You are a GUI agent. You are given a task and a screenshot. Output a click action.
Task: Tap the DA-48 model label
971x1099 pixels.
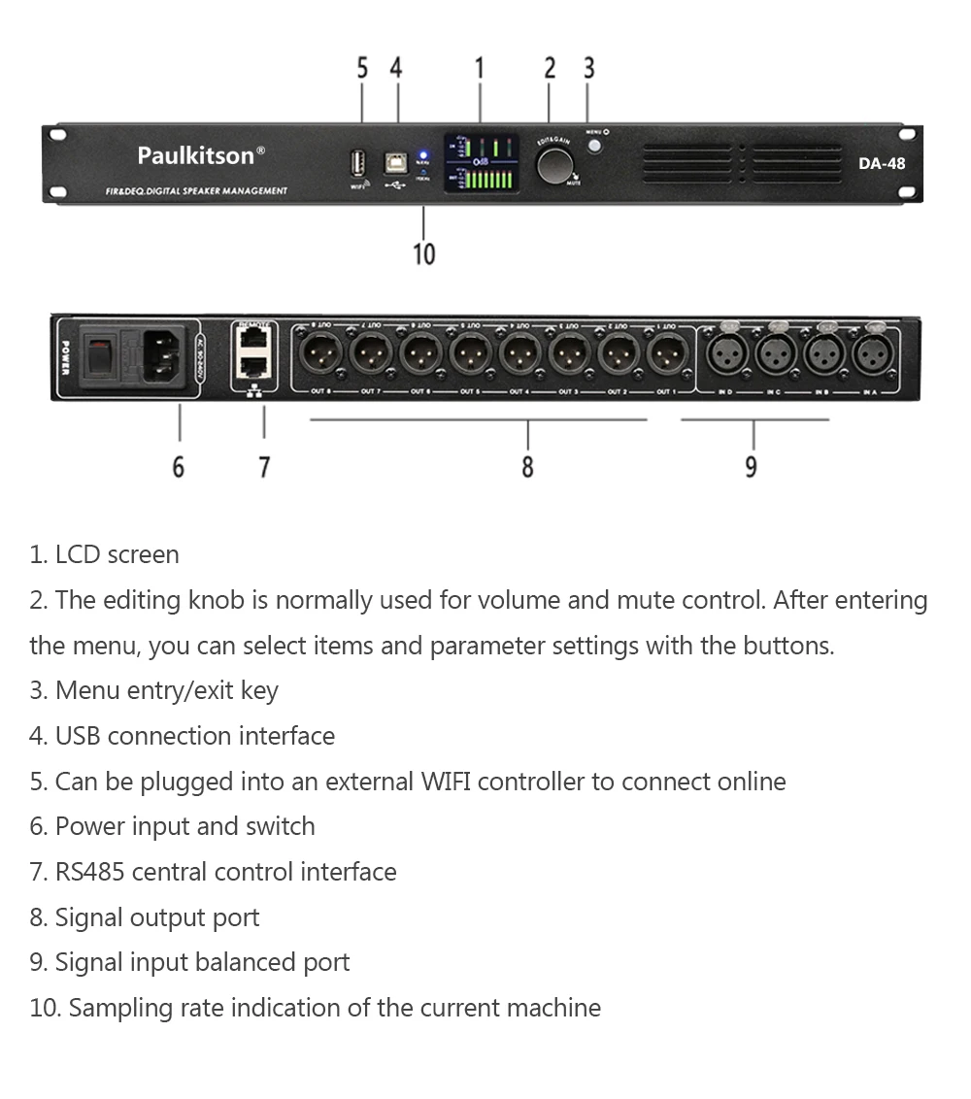tap(881, 163)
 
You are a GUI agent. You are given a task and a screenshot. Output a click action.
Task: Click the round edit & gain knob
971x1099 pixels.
tap(554, 165)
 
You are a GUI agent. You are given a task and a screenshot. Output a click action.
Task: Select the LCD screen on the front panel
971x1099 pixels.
tap(480, 163)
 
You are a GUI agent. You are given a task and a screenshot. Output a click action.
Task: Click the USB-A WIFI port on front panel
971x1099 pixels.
tap(358, 161)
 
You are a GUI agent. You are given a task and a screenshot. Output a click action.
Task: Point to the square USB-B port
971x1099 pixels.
tap(397, 161)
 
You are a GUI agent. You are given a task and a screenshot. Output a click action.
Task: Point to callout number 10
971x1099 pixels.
tap(424, 254)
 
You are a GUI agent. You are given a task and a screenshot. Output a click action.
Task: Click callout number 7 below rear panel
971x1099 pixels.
tap(264, 467)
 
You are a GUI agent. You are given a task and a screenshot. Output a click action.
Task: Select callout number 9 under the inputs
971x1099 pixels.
tap(751, 467)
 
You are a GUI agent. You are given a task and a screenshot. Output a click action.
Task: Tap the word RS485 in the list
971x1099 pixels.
tap(89, 872)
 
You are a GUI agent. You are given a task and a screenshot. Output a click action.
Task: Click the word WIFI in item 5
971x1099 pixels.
tap(445, 782)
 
